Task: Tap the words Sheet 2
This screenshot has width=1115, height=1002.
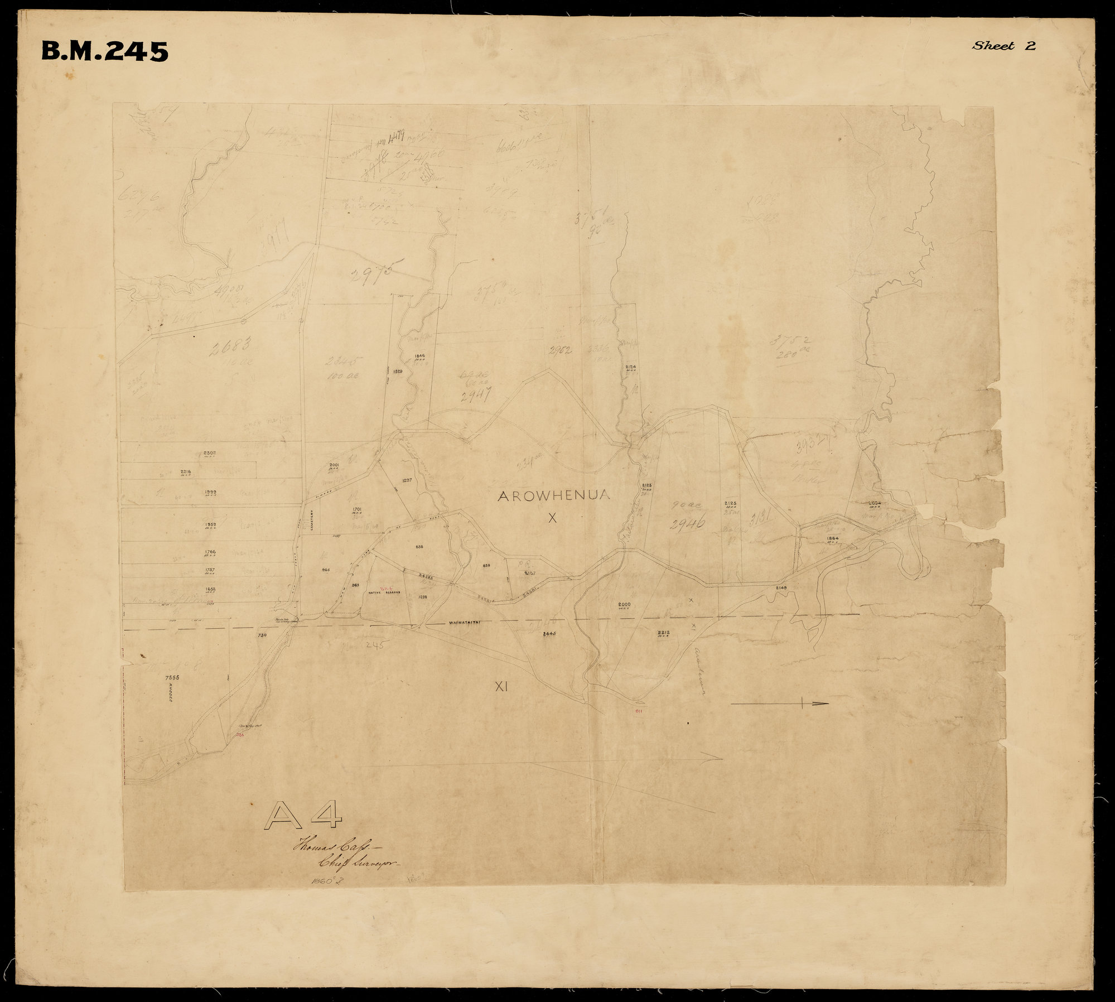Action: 1003,46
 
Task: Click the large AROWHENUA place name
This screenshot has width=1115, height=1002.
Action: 552,495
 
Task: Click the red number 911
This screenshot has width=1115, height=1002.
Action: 639,712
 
